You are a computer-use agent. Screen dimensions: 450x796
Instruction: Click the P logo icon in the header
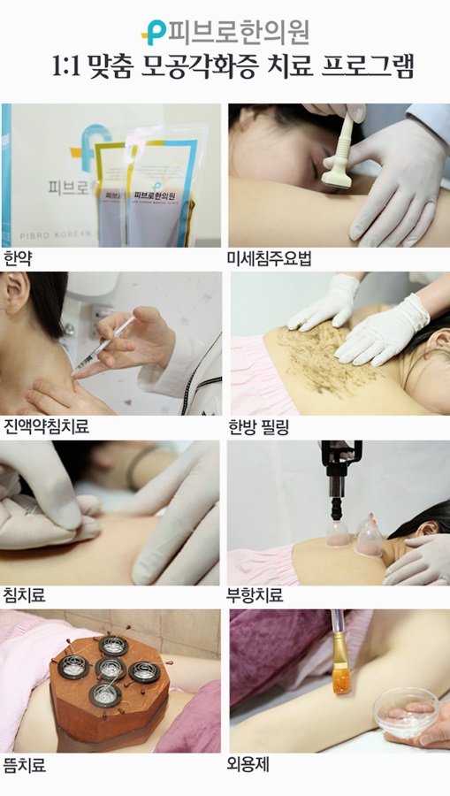(x=154, y=33)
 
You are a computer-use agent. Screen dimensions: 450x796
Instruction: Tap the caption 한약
(x=18, y=259)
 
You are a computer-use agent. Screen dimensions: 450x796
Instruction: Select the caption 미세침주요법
(x=269, y=258)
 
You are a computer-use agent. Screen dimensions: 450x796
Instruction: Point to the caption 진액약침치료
(x=46, y=425)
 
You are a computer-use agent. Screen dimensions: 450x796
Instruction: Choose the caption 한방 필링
(x=258, y=427)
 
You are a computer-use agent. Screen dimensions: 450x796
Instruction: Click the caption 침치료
(x=25, y=594)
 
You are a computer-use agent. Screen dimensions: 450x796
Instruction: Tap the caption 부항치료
(x=255, y=594)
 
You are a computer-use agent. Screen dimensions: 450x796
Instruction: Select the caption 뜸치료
(x=25, y=765)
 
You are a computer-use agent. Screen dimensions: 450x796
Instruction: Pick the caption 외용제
(x=248, y=763)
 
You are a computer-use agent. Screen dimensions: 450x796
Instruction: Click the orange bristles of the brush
(x=341, y=680)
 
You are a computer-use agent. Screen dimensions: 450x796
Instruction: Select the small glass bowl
(x=405, y=712)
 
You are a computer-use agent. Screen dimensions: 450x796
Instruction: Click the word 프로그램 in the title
(x=367, y=66)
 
